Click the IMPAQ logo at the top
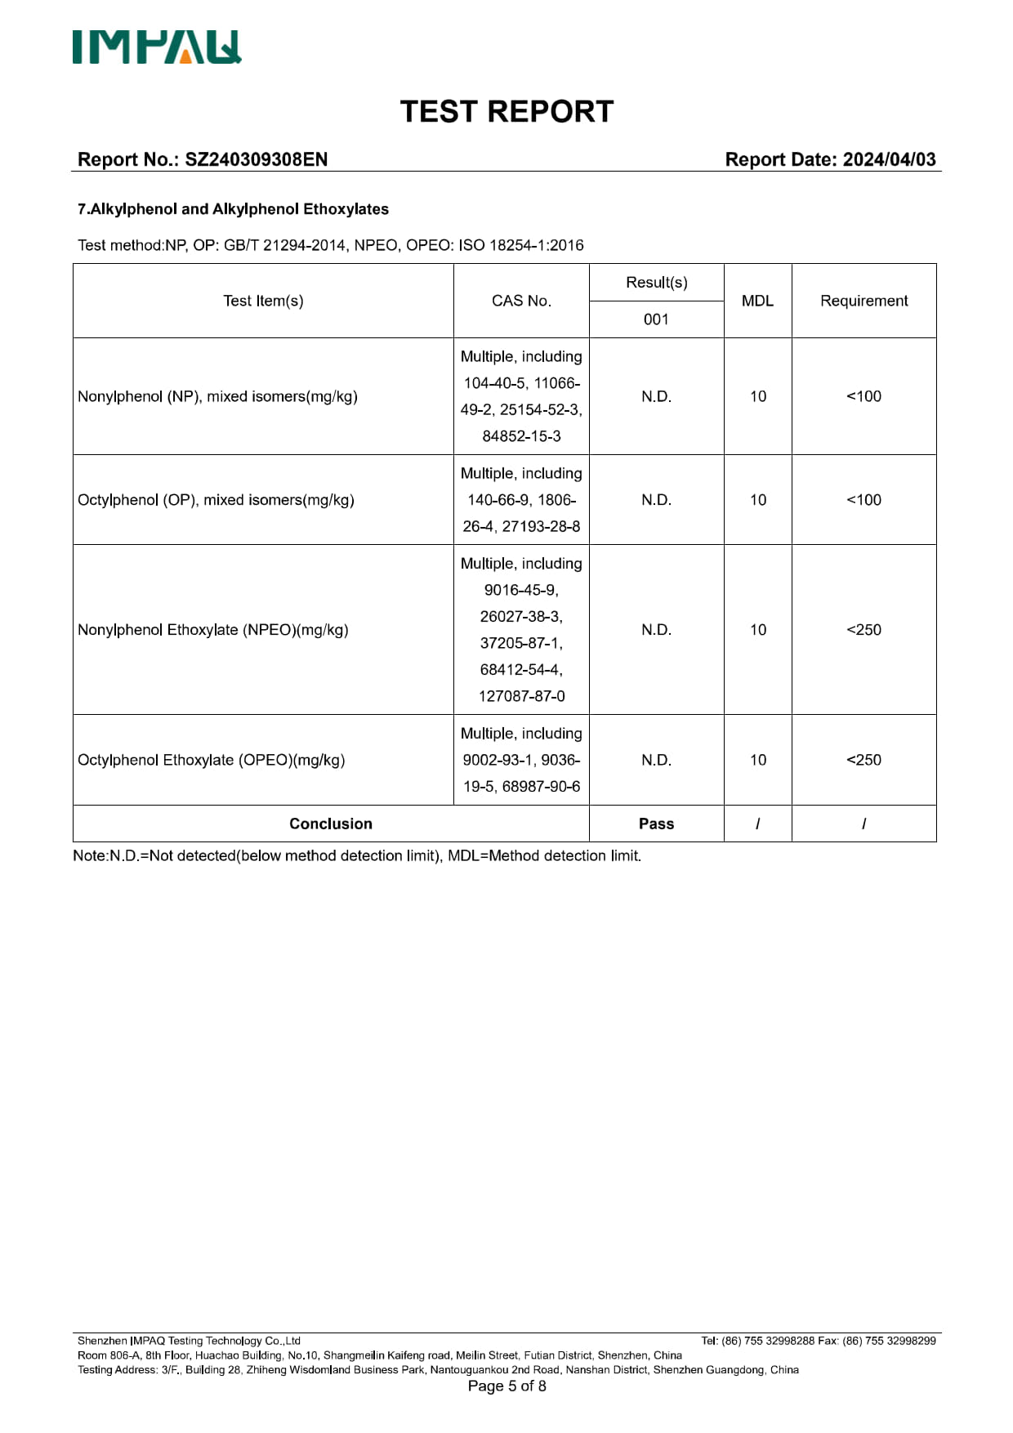(x=157, y=47)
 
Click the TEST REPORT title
(x=506, y=112)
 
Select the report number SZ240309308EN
(x=256, y=159)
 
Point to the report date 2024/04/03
(x=889, y=159)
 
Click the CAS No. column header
(x=521, y=301)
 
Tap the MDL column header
(x=757, y=301)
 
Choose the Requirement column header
(x=864, y=301)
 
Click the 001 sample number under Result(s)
(x=656, y=319)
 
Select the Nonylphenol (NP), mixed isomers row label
(x=217, y=396)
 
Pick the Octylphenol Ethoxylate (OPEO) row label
(x=211, y=760)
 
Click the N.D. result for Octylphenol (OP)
(x=656, y=500)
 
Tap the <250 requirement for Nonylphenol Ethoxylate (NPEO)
(x=864, y=630)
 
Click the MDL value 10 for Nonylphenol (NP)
(x=758, y=396)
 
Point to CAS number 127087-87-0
(x=521, y=696)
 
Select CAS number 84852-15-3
(x=521, y=436)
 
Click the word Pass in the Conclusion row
(x=656, y=824)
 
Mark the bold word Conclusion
(x=331, y=824)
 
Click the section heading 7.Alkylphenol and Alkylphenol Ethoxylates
(x=233, y=209)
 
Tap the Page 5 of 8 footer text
(x=506, y=1386)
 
